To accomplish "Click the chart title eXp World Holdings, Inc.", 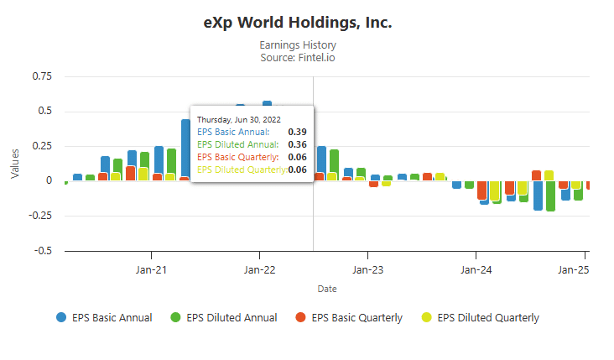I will click(298, 23).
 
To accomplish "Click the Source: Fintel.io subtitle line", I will click(298, 57).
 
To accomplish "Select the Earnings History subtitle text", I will click(298, 44).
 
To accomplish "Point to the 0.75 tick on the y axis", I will click(40, 76).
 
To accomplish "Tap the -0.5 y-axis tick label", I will click(40, 251).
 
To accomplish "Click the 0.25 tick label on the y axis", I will click(40, 146).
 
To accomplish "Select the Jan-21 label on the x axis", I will click(151, 270).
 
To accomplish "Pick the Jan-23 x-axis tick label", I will click(367, 270).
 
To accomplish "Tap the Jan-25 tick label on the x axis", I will click(574, 270).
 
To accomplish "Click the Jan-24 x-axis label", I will click(476, 270).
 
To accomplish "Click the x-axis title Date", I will click(327, 289).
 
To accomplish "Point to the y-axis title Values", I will click(15, 164).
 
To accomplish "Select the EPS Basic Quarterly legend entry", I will click(349, 317).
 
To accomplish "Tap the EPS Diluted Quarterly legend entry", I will click(480, 317).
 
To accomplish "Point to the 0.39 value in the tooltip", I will click(297, 132).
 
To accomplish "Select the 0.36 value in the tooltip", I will click(297, 144).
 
